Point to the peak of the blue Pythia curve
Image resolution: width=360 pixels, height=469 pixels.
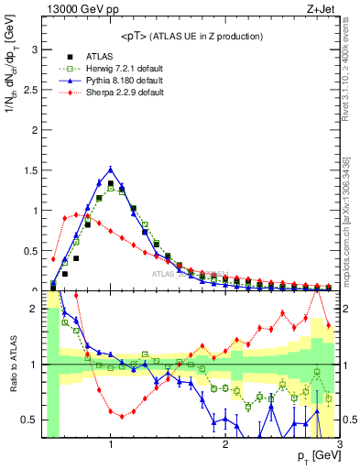[x=111, y=169]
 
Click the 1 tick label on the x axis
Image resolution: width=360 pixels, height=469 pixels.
[x=111, y=444]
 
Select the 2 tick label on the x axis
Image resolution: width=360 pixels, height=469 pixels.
[x=225, y=444]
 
